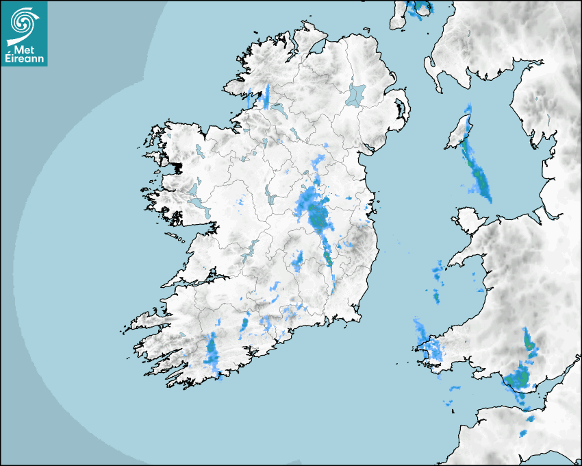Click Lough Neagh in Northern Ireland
pos(357,94)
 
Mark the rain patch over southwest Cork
pos(212,352)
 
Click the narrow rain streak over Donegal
pos(266,95)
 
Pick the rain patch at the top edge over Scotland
pos(418,9)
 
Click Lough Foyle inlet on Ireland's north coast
pos(318,49)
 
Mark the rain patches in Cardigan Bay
pos(437,281)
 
